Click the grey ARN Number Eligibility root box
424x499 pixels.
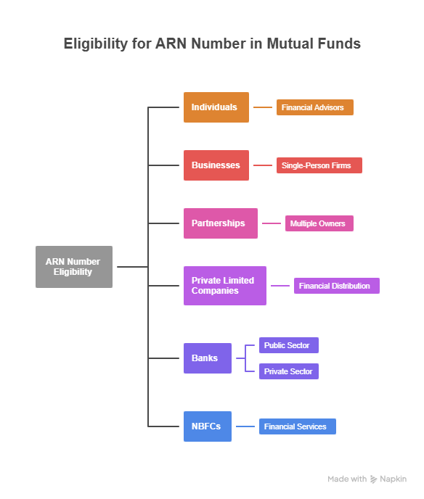point(73,267)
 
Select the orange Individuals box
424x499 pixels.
point(216,107)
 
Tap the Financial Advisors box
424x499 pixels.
point(314,107)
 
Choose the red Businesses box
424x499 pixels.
point(216,165)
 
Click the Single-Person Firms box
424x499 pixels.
point(319,165)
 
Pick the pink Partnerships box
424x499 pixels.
point(220,223)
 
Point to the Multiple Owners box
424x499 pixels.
point(319,223)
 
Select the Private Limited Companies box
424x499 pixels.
point(224,286)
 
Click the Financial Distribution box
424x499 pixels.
point(336,286)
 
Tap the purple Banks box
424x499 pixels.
point(207,358)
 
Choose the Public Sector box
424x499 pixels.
point(288,345)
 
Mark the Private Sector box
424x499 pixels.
point(288,371)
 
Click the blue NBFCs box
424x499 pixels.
point(207,426)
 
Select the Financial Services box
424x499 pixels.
point(297,426)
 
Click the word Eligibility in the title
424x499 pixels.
point(95,44)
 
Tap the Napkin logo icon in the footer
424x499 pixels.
point(374,479)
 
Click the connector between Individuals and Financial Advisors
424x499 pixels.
point(262,107)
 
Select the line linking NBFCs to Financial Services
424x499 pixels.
point(245,426)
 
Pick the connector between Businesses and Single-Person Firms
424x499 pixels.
point(262,165)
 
